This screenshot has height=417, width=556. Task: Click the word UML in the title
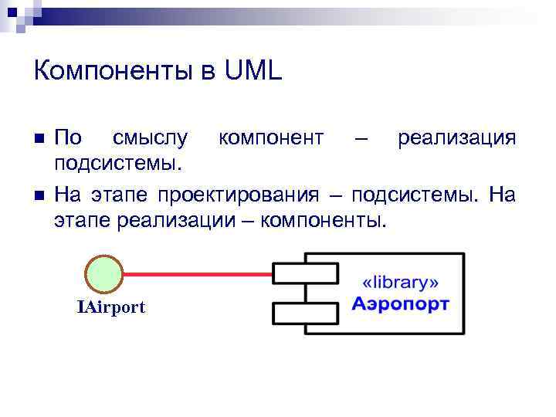pyautogui.click(x=254, y=72)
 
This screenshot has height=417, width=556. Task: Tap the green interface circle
pyautogui.click(x=103, y=274)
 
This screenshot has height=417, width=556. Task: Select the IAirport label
pyautogui.click(x=110, y=307)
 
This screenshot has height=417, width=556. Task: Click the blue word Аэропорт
pyautogui.click(x=401, y=303)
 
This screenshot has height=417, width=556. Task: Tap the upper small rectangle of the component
pyautogui.click(x=304, y=273)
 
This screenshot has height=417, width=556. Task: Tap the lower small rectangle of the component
pyautogui.click(x=304, y=313)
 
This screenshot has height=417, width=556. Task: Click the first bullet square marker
pyautogui.click(x=40, y=139)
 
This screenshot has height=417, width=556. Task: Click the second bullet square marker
pyautogui.click(x=40, y=193)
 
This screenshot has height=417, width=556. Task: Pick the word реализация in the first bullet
pyautogui.click(x=456, y=138)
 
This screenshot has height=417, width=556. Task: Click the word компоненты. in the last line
pyautogui.click(x=323, y=220)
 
